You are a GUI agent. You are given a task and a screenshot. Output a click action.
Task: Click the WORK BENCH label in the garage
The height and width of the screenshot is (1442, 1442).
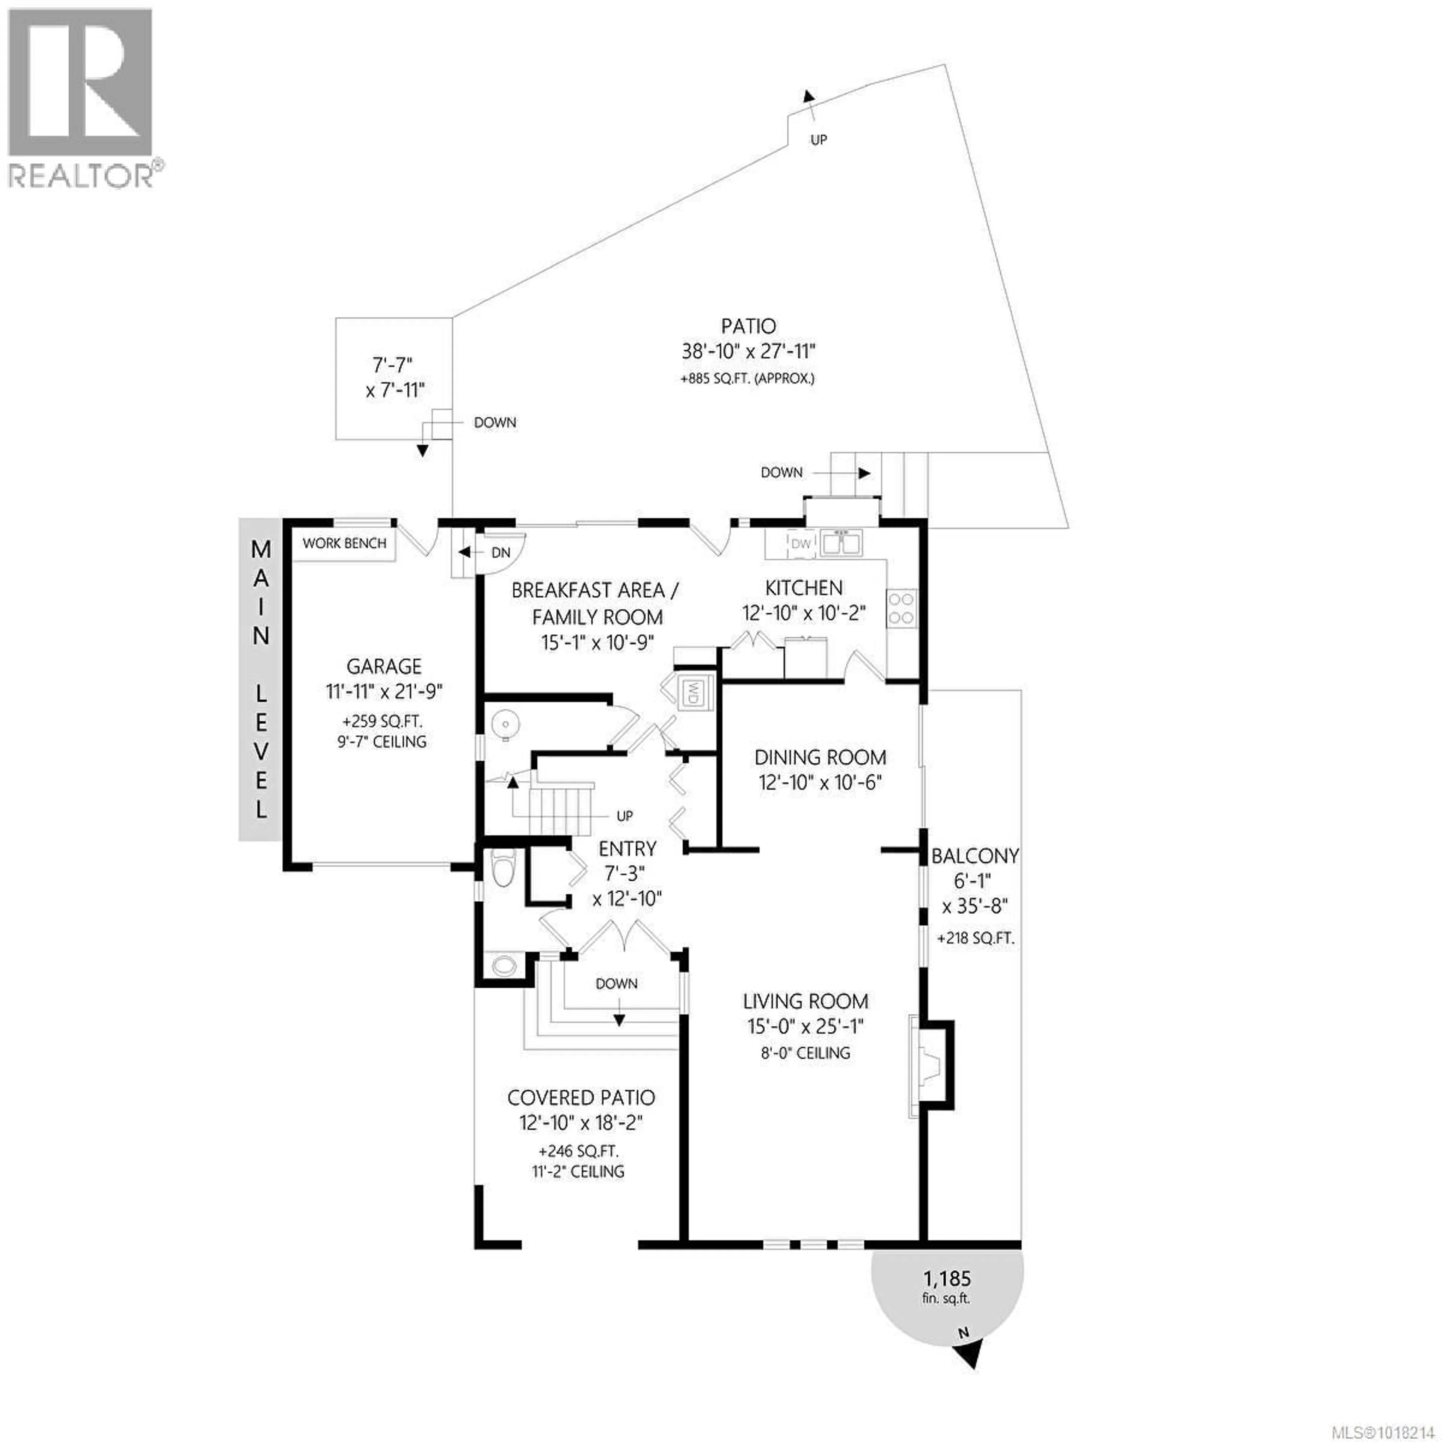tap(344, 543)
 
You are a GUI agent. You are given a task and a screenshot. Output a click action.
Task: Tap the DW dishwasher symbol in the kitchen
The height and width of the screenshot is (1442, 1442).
tap(800, 543)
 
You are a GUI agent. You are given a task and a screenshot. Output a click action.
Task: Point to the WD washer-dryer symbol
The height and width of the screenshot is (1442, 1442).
tap(692, 692)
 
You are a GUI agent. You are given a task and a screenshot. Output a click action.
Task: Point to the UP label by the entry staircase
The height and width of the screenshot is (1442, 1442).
tap(625, 816)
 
